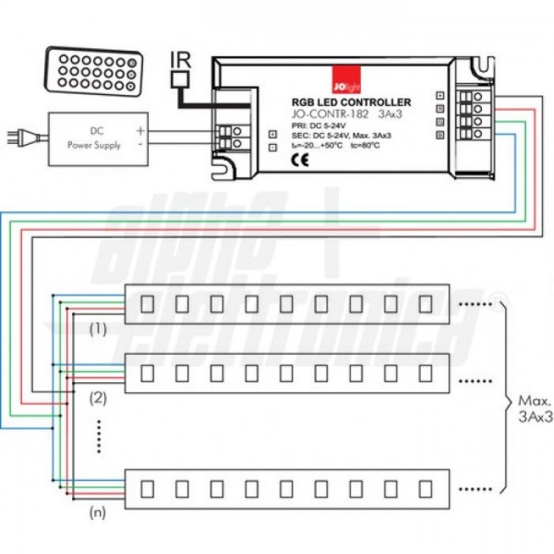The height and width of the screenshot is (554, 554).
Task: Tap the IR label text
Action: coord(182,63)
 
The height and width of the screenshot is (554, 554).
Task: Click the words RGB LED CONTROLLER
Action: coord(351,102)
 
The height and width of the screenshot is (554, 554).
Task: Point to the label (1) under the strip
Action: coord(98,328)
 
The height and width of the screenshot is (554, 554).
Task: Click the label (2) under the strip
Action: coord(98,398)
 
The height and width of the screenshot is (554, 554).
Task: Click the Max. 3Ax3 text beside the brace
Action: coord(534,409)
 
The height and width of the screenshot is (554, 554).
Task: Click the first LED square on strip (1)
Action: coord(146,302)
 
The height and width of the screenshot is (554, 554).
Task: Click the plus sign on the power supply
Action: coord(140,130)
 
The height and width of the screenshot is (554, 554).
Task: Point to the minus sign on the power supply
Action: coord(140,145)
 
